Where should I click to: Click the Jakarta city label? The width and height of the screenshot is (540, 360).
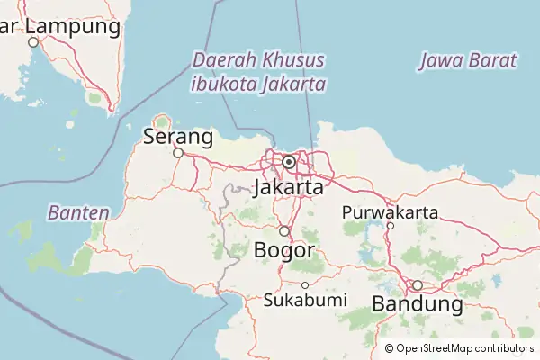pyautogui.click(x=289, y=188)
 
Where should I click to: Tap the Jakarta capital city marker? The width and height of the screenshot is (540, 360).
pyautogui.click(x=289, y=162)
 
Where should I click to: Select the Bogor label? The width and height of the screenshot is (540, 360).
pyautogui.click(x=284, y=249)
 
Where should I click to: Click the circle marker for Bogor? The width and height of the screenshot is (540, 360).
pyautogui.click(x=283, y=231)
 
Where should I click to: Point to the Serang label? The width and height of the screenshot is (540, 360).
pyautogui.click(x=178, y=138)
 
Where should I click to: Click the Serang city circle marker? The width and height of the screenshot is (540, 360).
pyautogui.click(x=178, y=153)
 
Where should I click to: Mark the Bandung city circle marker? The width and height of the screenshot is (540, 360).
pyautogui.click(x=417, y=285)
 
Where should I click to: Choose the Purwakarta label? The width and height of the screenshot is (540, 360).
pyautogui.click(x=390, y=212)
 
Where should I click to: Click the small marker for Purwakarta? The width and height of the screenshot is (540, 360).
pyautogui.click(x=390, y=226)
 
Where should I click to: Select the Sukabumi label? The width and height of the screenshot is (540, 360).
pyautogui.click(x=305, y=300)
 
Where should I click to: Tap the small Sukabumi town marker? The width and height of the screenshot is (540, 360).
pyautogui.click(x=305, y=285)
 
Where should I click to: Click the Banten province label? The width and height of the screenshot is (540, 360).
pyautogui.click(x=78, y=213)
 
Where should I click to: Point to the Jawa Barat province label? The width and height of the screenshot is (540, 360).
pyautogui.click(x=468, y=61)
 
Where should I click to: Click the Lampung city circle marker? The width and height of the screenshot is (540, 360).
pyautogui.click(x=33, y=42)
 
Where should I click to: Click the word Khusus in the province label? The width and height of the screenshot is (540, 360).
pyautogui.click(x=293, y=60)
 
